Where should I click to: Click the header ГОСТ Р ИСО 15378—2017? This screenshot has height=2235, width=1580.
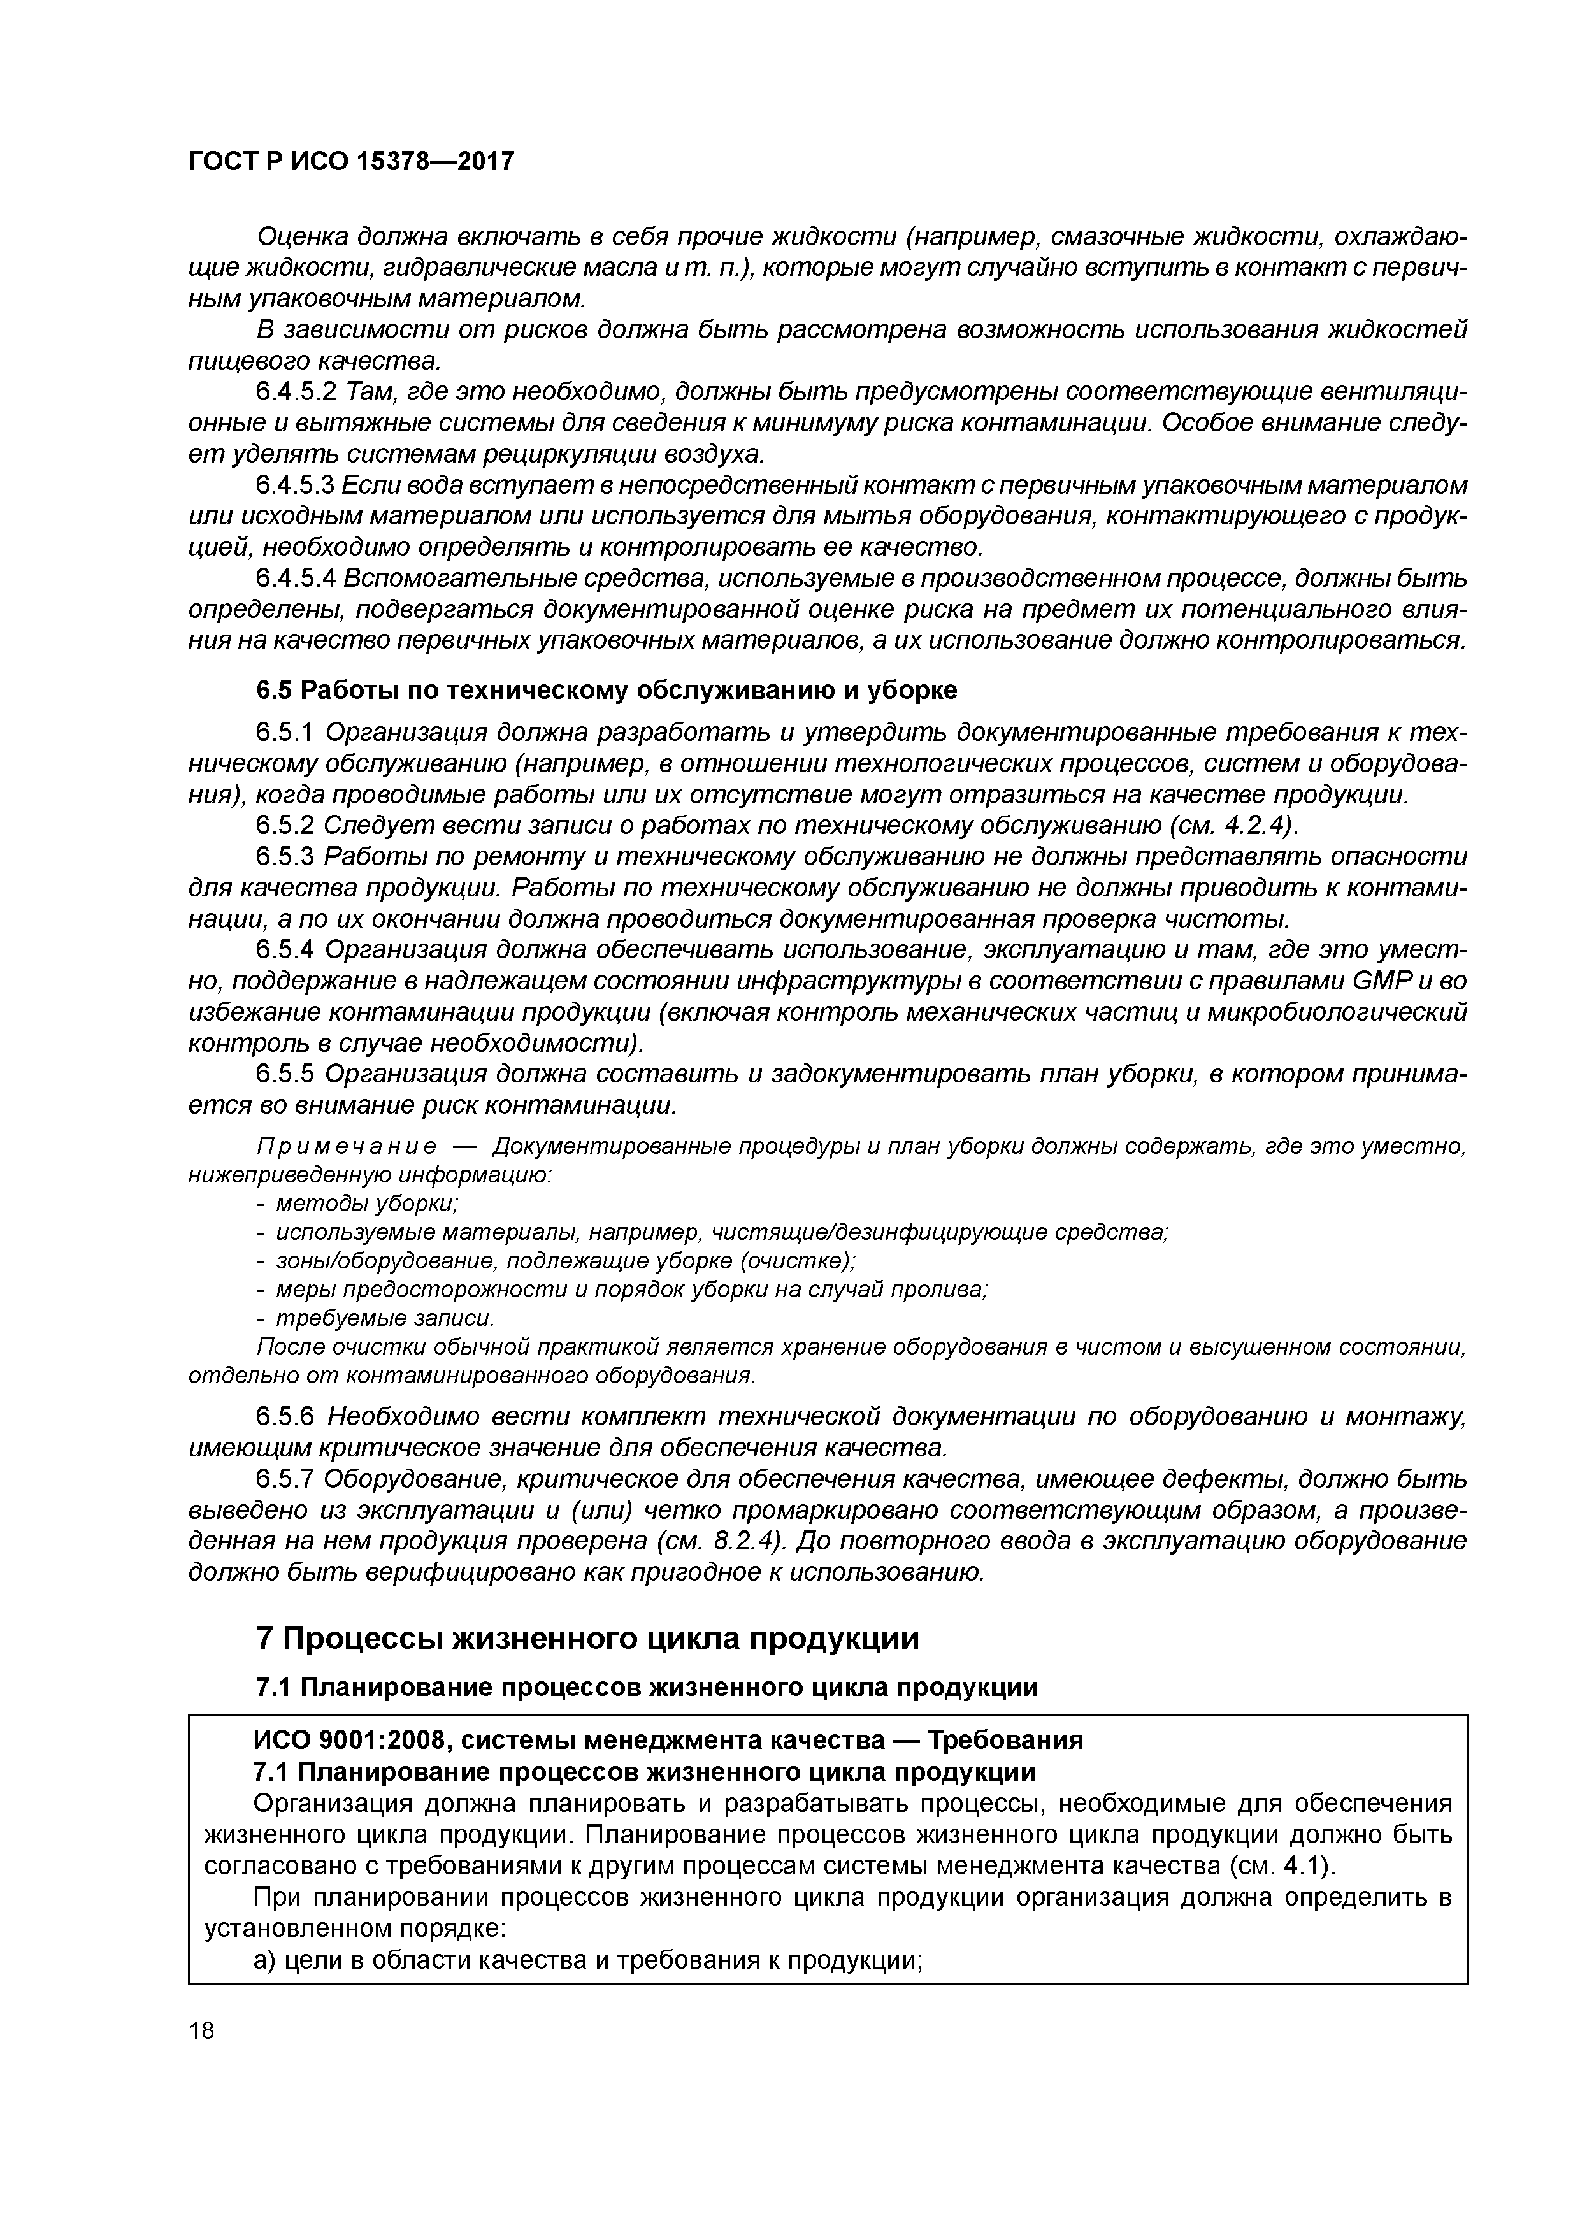tap(350, 162)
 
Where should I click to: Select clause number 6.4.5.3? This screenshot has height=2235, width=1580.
tap(295, 485)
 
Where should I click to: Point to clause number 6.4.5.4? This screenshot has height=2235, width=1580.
tap(295, 579)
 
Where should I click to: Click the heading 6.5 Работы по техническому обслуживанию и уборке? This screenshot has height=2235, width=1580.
tap(605, 690)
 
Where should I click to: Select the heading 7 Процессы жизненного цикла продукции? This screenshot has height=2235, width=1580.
tap(587, 1638)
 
